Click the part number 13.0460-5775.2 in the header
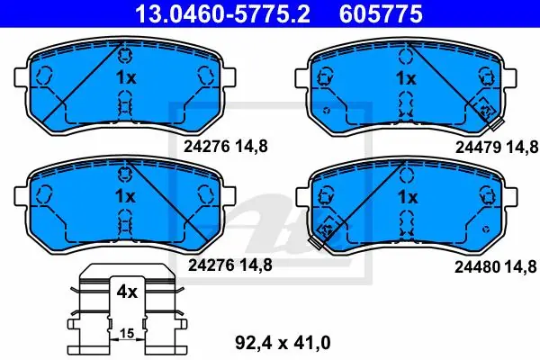[223, 13]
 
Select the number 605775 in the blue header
[381, 13]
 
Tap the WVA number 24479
[478, 148]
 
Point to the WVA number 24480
[477, 267]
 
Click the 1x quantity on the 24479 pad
[406, 78]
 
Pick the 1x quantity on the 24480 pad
[408, 197]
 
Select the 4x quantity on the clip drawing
[127, 292]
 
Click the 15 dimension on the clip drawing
[127, 334]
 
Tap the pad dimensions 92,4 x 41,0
[283, 343]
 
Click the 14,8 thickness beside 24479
[522, 148]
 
